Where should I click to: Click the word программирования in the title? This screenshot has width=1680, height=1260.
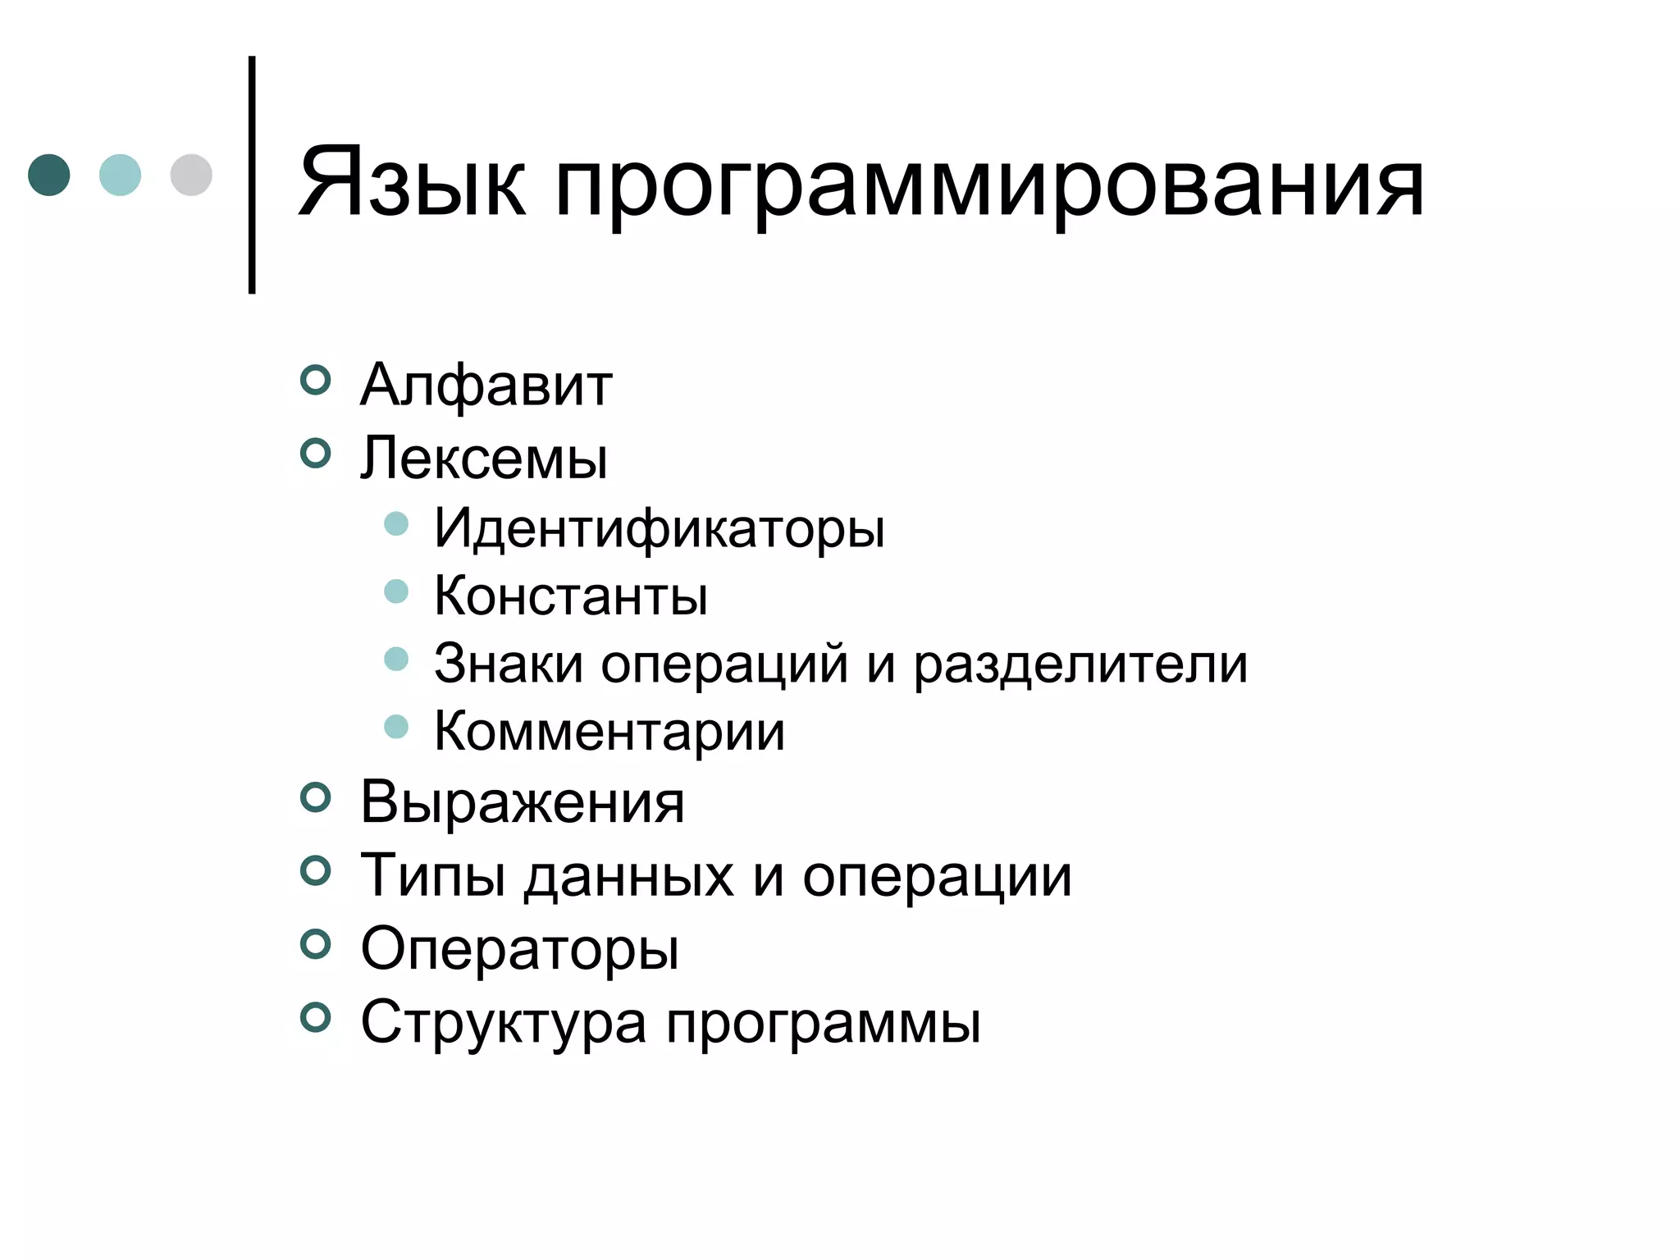(988, 187)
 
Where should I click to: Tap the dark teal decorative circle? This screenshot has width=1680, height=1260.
(49, 175)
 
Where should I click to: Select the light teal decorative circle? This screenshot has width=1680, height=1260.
(120, 175)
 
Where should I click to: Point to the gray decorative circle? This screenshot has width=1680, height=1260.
(191, 175)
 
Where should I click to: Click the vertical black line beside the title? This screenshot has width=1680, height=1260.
(252, 175)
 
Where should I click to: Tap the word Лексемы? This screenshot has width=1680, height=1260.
(484, 457)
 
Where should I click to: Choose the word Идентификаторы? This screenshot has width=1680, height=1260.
(659, 527)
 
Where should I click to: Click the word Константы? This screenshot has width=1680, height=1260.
(570, 596)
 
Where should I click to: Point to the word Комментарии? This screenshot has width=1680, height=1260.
(609, 731)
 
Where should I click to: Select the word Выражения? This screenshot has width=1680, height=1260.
(522, 801)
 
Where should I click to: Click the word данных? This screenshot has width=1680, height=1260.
(629, 875)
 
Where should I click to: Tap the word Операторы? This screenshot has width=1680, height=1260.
(519, 949)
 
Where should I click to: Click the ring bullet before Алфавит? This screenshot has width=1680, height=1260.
(315, 379)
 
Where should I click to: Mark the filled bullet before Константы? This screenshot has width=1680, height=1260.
(396, 591)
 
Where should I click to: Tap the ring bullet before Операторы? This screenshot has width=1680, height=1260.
(315, 944)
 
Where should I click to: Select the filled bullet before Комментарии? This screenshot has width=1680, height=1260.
(396, 726)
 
